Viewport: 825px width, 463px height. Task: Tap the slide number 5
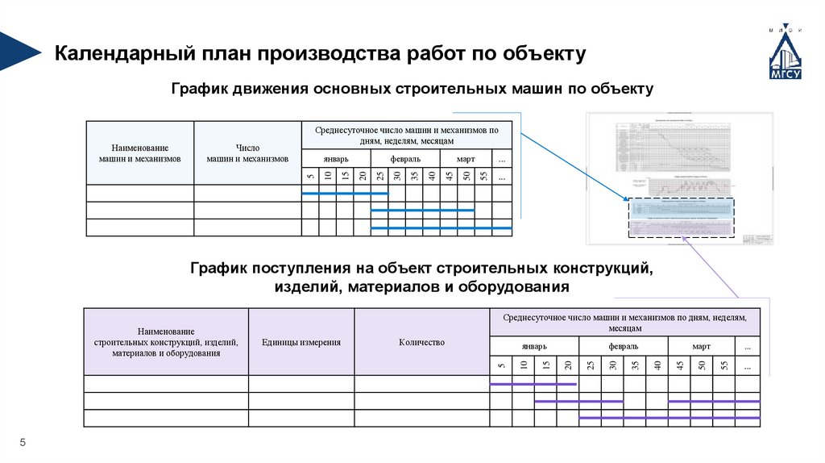[x=23, y=442]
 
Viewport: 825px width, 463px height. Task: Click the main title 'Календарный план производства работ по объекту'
[x=319, y=54]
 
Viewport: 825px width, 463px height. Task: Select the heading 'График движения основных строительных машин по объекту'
[x=412, y=88]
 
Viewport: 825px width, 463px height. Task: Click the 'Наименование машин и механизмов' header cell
[x=139, y=153]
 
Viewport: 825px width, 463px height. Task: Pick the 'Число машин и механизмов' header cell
[x=247, y=153]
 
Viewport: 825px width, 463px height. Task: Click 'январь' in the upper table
[x=335, y=159]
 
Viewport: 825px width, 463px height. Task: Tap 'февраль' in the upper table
[x=405, y=159]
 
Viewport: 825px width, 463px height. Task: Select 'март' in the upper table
[x=466, y=159]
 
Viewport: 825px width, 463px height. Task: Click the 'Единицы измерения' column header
[x=301, y=342]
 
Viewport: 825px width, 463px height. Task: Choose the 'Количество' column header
[x=421, y=342]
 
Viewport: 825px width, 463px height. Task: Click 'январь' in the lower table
[x=533, y=346]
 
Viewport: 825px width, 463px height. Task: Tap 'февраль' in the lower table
[x=623, y=346]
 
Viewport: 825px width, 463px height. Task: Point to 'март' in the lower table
[x=701, y=346]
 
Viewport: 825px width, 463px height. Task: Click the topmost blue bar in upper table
[x=344, y=194]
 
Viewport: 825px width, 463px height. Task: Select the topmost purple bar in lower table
[x=533, y=384]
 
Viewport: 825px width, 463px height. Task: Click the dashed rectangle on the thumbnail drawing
[x=681, y=218]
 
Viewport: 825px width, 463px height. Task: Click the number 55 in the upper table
[x=483, y=177]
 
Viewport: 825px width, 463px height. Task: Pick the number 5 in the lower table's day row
[x=501, y=365]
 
